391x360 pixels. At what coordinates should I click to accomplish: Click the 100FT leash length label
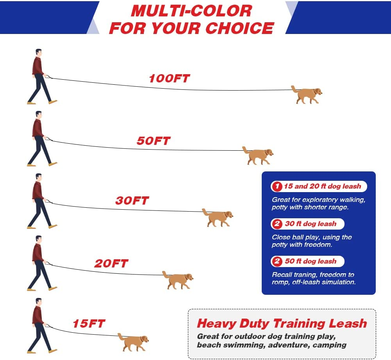[x=169, y=78]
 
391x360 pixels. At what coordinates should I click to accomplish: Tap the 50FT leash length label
[x=154, y=141]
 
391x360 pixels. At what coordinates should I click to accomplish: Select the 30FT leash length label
[x=132, y=201]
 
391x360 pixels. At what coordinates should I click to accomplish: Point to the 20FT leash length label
[x=111, y=264]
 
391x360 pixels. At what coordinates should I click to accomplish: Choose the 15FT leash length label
[x=89, y=324]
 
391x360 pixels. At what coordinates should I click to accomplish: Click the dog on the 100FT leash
[x=307, y=94]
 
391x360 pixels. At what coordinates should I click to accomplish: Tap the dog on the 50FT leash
[x=258, y=155]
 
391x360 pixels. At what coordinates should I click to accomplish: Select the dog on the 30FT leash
[x=218, y=217]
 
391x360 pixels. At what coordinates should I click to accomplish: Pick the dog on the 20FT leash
[x=178, y=280]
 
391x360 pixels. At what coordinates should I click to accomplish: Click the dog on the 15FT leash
[x=134, y=342]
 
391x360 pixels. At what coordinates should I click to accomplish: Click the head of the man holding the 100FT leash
[x=38, y=53]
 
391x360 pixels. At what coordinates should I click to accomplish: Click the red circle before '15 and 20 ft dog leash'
[x=277, y=187]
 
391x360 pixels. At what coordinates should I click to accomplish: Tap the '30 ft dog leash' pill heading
[x=307, y=224]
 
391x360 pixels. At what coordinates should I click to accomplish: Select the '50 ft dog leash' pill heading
[x=307, y=262]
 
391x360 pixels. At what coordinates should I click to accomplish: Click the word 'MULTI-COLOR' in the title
[x=191, y=11]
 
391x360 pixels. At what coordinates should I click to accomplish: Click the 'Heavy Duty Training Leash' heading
[x=282, y=323]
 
